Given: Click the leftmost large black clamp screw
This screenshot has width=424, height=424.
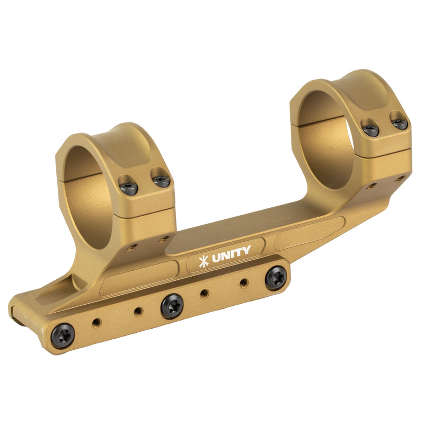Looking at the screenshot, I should (63, 335).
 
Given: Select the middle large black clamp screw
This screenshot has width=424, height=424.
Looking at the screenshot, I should (172, 306).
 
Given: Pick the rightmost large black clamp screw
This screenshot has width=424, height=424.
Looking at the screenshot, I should (276, 277).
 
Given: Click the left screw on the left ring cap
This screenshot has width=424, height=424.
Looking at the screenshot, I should (128, 187).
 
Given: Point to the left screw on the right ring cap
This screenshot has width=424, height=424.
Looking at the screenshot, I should (370, 129).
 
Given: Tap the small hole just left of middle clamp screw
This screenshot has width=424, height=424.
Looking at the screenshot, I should (138, 312).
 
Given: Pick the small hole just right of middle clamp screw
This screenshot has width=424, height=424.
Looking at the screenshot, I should (204, 293).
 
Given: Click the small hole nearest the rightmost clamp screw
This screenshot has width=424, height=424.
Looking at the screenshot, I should (243, 283).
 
